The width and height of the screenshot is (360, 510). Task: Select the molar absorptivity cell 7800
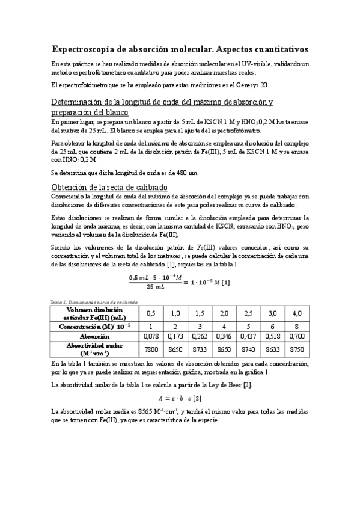(x=153, y=349)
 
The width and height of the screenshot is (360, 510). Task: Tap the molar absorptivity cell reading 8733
(x=200, y=349)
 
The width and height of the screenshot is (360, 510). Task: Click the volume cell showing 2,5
(x=248, y=313)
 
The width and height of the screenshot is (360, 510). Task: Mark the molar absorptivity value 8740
(x=248, y=349)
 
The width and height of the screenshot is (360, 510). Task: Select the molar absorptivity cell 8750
(x=296, y=349)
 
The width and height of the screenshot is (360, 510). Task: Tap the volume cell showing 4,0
(x=296, y=313)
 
